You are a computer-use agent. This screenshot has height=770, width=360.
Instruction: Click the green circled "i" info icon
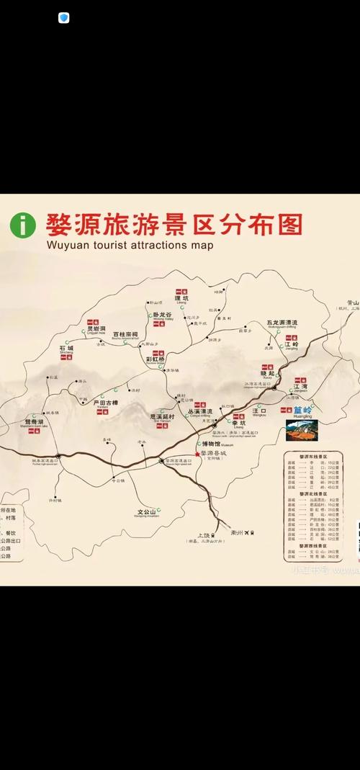click(23, 225)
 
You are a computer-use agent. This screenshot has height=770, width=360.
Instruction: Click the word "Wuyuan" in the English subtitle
click(67, 245)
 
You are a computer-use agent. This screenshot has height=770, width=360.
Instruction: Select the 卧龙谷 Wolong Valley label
click(163, 315)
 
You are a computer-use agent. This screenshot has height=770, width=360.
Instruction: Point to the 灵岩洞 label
click(96, 328)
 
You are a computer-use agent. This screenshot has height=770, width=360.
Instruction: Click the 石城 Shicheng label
click(67, 349)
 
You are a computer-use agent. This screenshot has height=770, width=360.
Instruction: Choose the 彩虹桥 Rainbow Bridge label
click(156, 359)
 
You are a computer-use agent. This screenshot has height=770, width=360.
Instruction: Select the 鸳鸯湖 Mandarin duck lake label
click(34, 421)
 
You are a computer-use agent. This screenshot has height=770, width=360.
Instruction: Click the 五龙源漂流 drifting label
click(282, 323)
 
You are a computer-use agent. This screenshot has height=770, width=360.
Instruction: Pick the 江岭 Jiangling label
click(291, 345)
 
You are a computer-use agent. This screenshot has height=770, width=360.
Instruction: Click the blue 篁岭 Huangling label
click(302, 411)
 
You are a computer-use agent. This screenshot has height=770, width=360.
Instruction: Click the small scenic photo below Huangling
click(302, 430)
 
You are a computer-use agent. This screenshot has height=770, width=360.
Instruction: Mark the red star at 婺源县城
click(197, 454)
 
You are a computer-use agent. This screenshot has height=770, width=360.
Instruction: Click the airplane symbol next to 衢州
click(246, 532)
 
